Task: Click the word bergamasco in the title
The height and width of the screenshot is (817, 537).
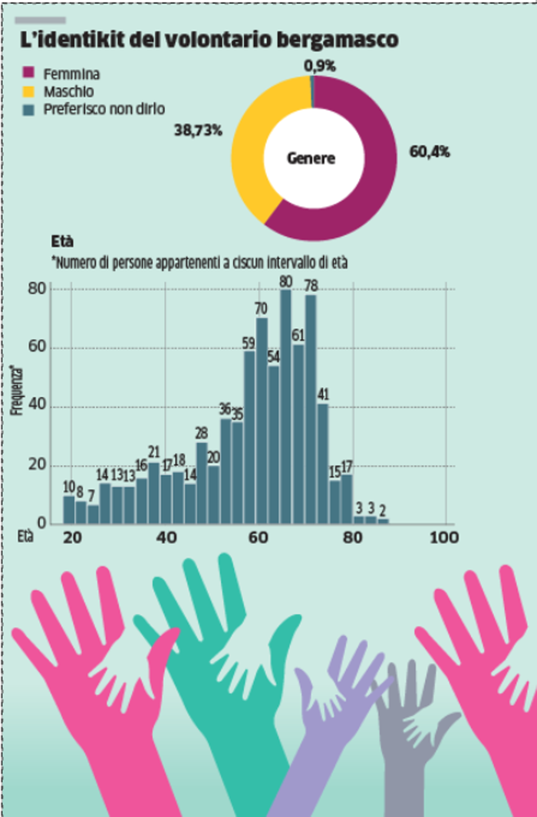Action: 340,40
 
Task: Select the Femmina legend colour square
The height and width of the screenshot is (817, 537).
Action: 30,74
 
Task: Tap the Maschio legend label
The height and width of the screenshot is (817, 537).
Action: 69,91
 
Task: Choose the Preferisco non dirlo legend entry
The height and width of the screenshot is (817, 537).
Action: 104,109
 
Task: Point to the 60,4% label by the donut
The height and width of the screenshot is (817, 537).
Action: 429,152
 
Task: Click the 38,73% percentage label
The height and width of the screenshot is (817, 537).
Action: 199,131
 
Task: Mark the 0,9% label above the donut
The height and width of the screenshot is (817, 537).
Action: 320,66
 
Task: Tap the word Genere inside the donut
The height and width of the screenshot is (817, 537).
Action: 311,159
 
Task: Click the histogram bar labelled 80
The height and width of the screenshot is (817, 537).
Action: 285,406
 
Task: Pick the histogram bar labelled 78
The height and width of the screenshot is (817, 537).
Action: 311,410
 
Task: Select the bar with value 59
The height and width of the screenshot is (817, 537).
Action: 249,437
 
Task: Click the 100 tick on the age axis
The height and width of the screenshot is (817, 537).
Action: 443,537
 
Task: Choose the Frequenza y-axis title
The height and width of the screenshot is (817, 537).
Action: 15,391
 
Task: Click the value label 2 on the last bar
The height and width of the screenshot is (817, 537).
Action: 384,511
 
